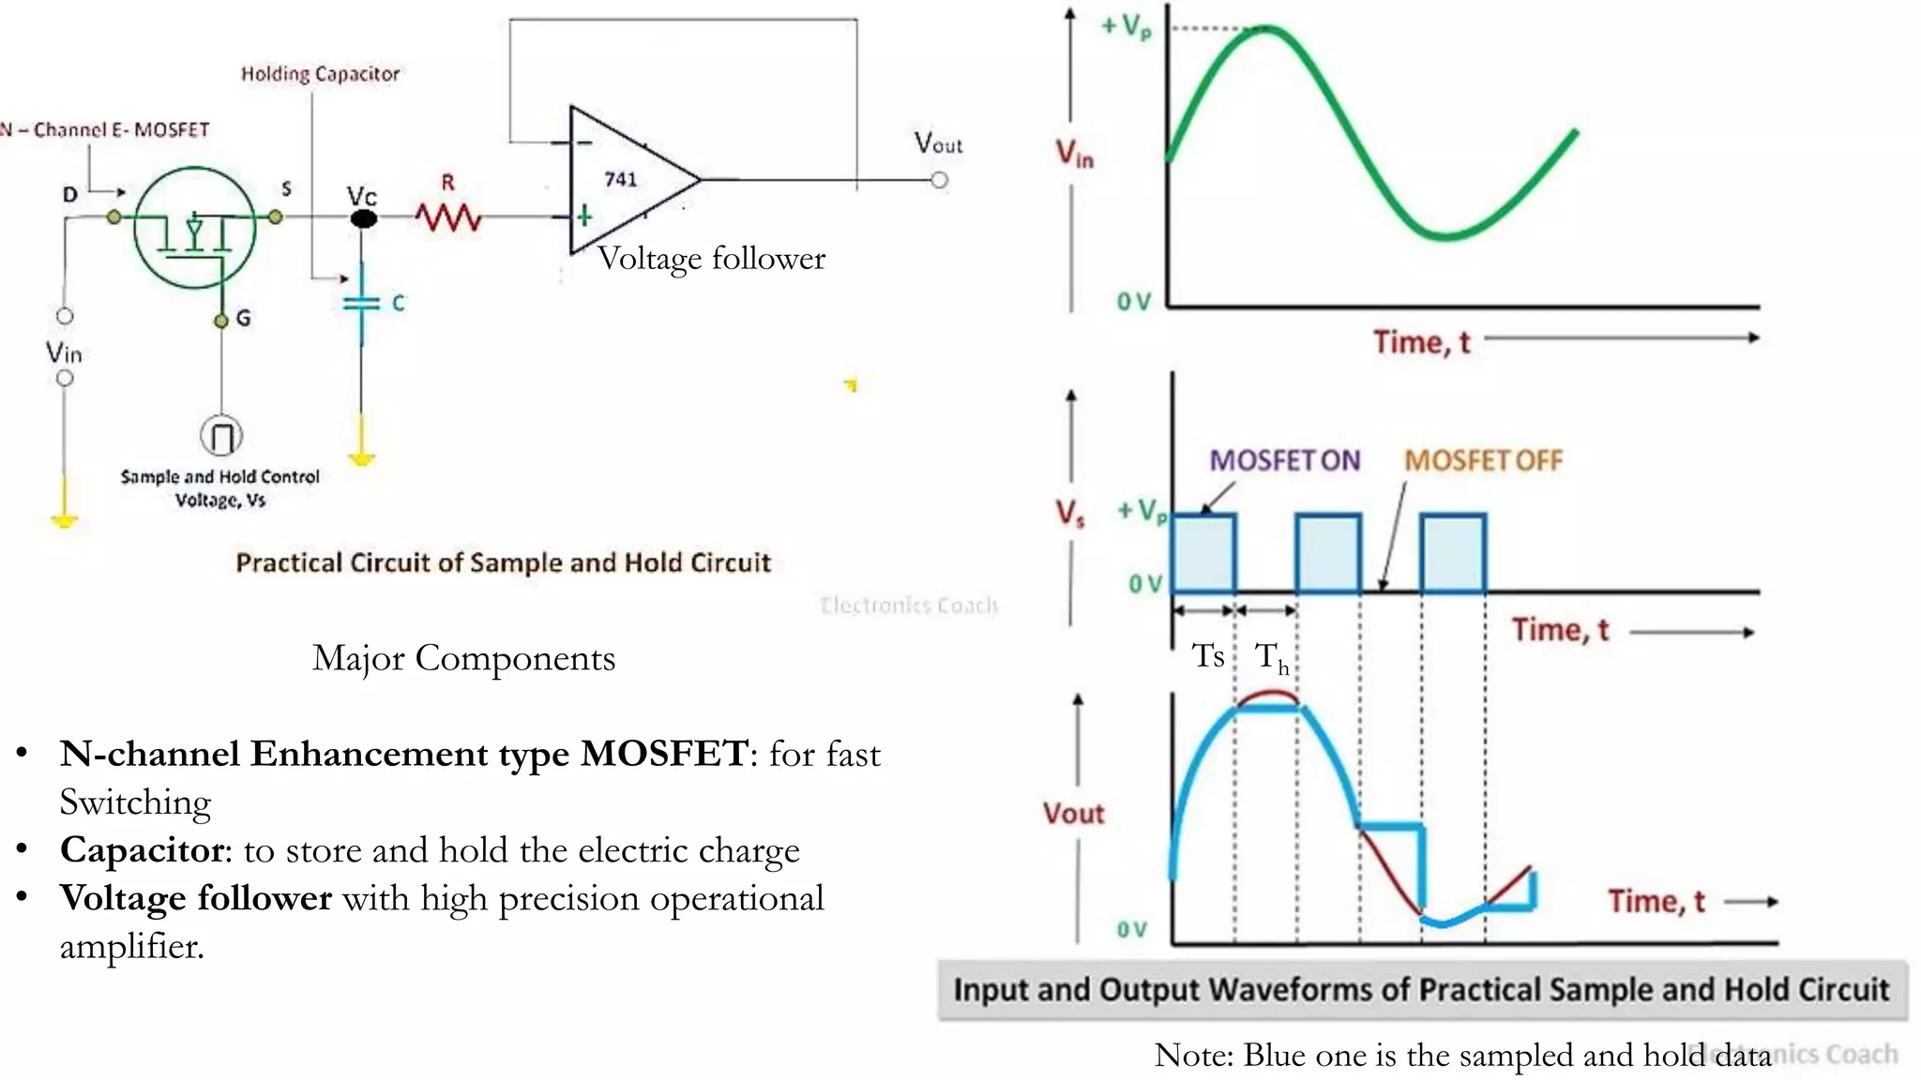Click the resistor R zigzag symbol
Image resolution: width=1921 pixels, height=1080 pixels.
448,217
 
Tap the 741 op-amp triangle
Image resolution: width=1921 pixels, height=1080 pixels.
624,180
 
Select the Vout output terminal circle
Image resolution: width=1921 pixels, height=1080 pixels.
939,180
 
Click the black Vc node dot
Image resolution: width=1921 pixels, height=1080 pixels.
363,218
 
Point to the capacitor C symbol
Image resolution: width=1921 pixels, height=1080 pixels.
362,303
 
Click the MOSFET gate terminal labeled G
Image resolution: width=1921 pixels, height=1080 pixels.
221,321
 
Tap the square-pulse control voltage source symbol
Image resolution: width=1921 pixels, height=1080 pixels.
221,436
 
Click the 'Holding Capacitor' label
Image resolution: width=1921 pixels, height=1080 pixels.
320,74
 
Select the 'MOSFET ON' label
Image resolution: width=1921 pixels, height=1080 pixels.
1284,460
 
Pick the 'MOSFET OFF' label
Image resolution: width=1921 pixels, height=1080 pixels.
1483,460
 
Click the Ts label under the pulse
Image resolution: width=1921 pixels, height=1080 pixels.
1208,655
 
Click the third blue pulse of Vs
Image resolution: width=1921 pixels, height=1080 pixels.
1453,553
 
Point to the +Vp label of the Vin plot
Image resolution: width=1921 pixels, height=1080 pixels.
1127,26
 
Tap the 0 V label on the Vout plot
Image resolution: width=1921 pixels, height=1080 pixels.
1132,929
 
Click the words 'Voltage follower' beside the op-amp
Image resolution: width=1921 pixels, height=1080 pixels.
712,258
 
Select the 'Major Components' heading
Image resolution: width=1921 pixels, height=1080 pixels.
463,658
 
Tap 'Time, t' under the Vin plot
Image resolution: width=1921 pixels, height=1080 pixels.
1422,342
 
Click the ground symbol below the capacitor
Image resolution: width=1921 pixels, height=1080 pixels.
362,458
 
